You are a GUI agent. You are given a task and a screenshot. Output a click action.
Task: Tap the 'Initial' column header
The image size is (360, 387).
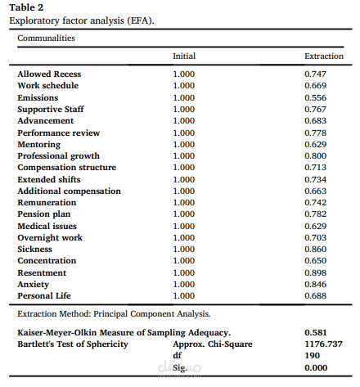coord(184,56)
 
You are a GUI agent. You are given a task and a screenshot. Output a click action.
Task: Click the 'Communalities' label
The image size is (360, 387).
coord(47,38)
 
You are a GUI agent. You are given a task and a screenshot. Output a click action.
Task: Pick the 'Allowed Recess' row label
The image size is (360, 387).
coord(49,74)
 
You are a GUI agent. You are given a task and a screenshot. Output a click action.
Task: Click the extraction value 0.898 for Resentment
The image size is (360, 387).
coord(316,272)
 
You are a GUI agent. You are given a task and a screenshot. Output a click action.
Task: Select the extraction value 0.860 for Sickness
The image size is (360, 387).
coord(316,249)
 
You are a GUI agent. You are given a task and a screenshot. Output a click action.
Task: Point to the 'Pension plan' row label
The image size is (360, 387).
coord(44,214)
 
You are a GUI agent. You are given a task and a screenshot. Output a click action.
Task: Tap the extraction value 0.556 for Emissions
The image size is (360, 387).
coord(316,97)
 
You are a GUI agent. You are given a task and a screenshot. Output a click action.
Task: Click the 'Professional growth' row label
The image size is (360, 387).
coord(59,155)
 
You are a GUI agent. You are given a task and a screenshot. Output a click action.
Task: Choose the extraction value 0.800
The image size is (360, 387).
coord(316,155)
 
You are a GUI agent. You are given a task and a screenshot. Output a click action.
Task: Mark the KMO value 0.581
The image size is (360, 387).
coord(316,332)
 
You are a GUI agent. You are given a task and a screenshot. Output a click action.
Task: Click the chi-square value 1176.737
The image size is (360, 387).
coord(321,344)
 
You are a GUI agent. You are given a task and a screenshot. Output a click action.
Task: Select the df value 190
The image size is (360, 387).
coord(312,356)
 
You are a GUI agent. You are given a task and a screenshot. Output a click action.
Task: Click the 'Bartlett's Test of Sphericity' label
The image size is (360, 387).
coord(73,344)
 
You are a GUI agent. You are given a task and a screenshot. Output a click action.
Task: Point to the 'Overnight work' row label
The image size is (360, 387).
coord(50,237)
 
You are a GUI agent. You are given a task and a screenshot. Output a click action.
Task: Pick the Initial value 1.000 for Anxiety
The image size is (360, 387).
coord(185,284)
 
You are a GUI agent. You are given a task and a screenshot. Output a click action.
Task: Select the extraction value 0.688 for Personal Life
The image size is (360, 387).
coord(316,295)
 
